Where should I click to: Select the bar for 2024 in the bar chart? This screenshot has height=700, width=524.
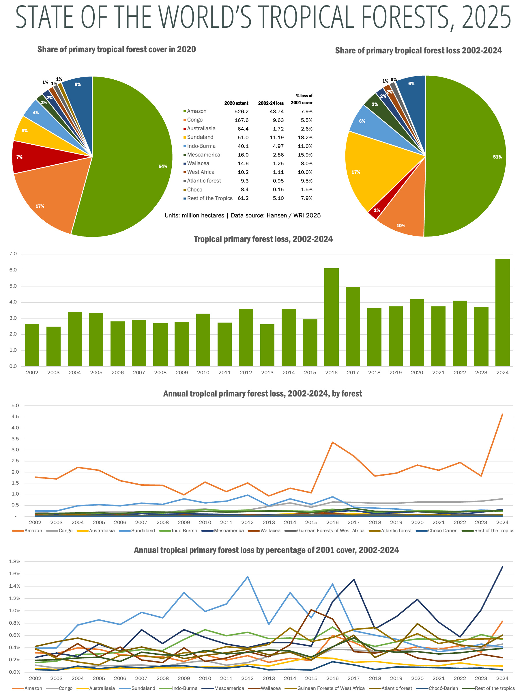(502, 312)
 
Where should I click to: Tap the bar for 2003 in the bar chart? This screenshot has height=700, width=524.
(53, 346)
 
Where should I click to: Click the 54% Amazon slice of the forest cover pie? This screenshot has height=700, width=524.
(126, 158)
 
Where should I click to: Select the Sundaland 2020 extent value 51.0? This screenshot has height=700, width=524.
(243, 137)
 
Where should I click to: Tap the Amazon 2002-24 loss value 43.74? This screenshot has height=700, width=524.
(277, 111)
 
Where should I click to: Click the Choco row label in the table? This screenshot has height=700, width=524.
(194, 189)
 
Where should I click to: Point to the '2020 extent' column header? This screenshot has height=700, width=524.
(236, 103)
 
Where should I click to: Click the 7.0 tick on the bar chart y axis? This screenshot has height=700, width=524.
(13, 254)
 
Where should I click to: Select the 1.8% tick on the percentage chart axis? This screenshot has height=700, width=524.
(14, 561)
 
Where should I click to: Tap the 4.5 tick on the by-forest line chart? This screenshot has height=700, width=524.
(15, 416)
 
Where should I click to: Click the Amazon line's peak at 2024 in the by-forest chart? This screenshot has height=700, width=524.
(502, 414)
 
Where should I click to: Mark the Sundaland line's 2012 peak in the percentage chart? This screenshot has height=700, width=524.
(247, 577)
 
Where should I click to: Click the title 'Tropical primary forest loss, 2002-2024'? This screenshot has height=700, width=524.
(263, 239)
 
